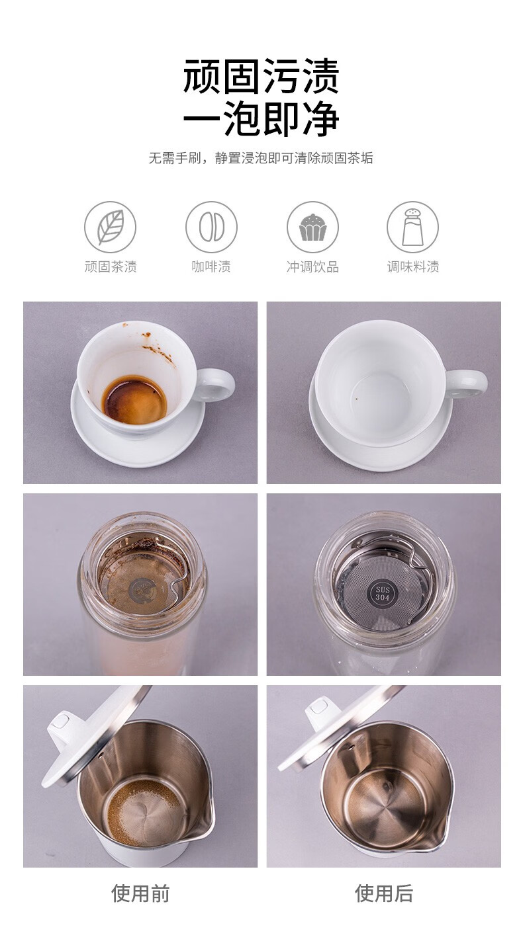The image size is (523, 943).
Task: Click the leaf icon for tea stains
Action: [111, 227]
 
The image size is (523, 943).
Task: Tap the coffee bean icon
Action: [212, 227]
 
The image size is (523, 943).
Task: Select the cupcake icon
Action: [312, 227]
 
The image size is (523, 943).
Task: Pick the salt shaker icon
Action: [413, 227]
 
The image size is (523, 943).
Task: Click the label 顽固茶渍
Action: [111, 266]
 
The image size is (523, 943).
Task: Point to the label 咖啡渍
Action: [211, 266]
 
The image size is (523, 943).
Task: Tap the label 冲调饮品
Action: [312, 266]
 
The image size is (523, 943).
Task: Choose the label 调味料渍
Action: [413, 266]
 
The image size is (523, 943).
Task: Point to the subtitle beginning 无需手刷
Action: [261, 158]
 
